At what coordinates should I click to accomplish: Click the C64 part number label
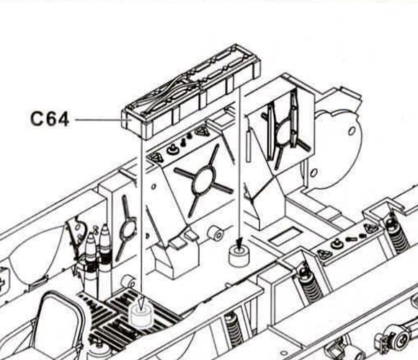point(50,119)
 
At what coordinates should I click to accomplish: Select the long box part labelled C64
point(191,92)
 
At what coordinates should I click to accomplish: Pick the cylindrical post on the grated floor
point(141,315)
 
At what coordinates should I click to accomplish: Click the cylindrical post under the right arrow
point(239,256)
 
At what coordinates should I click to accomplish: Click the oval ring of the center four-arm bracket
point(205,180)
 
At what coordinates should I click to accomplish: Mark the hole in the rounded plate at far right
point(352,131)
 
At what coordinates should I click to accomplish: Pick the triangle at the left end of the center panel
point(156,158)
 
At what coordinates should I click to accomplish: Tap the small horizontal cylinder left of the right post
point(215,233)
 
